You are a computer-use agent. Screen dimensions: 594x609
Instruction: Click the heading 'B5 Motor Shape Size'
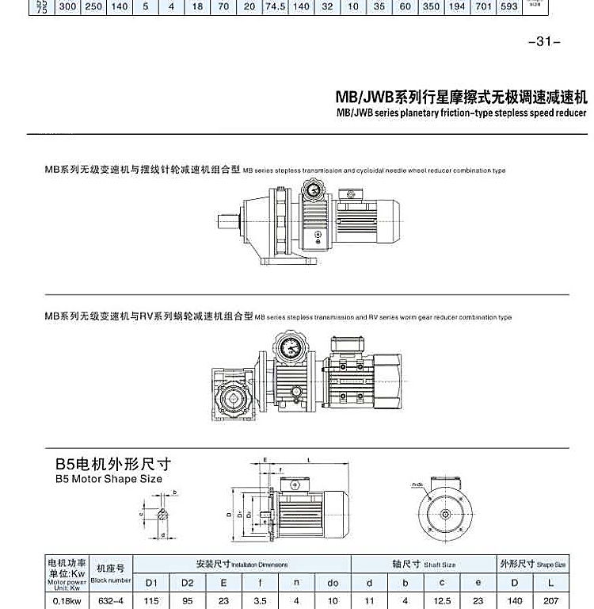pyautogui.click(x=109, y=479)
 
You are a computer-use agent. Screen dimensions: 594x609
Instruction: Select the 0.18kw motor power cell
pyautogui.click(x=68, y=601)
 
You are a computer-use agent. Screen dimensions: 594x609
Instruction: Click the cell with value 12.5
pyautogui.click(x=443, y=601)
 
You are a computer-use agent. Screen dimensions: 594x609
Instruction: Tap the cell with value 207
pyautogui.click(x=551, y=601)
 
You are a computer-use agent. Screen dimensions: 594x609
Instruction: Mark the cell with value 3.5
pyautogui.click(x=260, y=601)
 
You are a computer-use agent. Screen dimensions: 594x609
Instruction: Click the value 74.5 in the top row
pyautogui.click(x=275, y=6)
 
